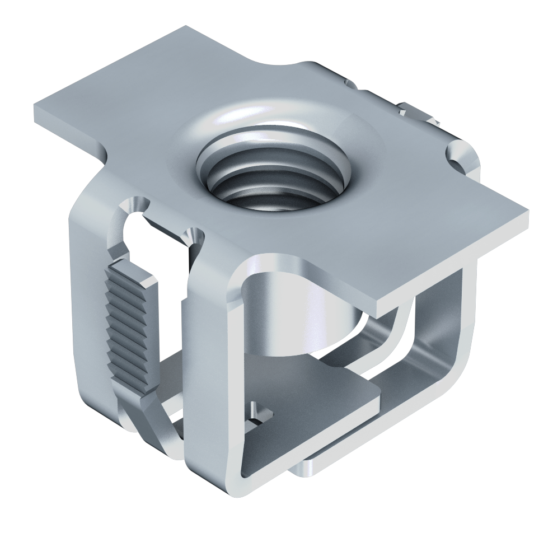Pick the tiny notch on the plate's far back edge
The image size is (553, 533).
click(x=350, y=84)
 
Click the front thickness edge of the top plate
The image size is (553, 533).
click(x=448, y=263)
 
